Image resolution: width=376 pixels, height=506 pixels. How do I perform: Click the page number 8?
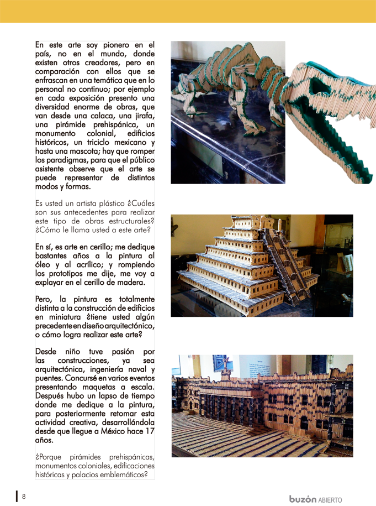click(24, 496)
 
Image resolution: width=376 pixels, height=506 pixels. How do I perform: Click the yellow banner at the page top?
click(188, 11)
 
